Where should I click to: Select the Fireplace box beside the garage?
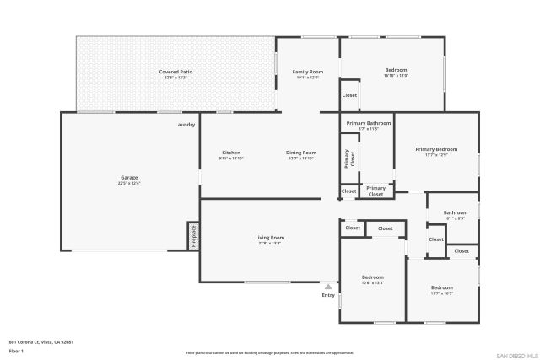point(193,236)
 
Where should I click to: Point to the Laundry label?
point(185,125)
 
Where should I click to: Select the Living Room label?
point(269,240)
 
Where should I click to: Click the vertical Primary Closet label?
point(347,159)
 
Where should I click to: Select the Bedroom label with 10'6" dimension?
point(373,279)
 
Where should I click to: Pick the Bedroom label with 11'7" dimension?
point(441,290)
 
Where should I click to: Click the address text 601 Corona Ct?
point(41,341)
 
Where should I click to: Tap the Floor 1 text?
point(15,350)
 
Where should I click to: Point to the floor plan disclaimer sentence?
point(269,353)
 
